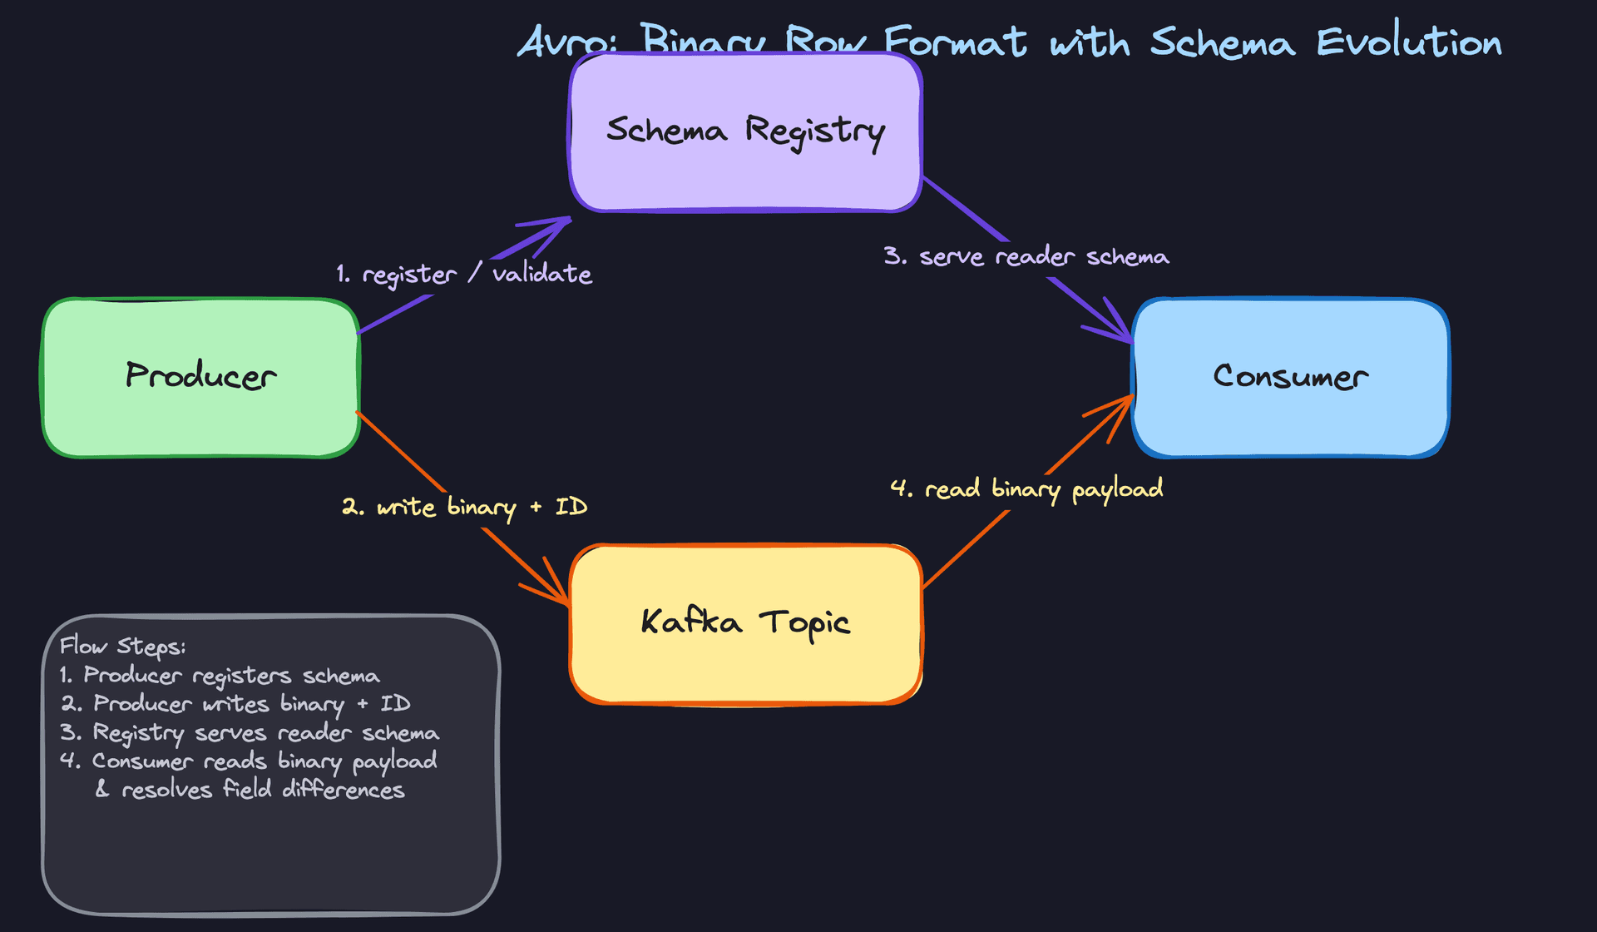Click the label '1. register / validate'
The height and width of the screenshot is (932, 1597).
click(x=463, y=274)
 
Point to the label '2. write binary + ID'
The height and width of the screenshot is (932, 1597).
click(x=464, y=507)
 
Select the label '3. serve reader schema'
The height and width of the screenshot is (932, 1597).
click(x=1026, y=256)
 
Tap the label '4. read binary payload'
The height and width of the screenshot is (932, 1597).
click(x=1026, y=488)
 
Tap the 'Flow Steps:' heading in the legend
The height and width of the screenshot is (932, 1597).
click(x=122, y=647)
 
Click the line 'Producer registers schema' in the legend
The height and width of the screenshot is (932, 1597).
click(x=230, y=676)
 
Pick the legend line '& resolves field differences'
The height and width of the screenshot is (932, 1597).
click(x=250, y=790)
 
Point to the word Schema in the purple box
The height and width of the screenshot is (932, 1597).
click(x=666, y=131)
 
